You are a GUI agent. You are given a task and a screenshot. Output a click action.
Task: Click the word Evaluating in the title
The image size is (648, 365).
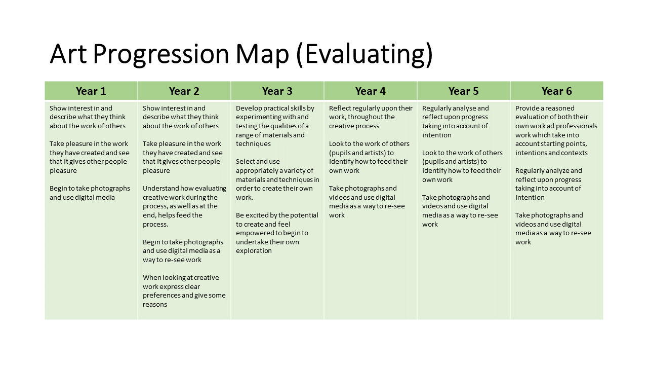pos(365,54)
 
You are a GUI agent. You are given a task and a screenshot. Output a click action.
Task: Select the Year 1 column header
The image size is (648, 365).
pos(91,91)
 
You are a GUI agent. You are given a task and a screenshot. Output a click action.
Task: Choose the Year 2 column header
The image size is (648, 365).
pos(184,91)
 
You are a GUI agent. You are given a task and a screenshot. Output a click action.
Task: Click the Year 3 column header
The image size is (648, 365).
pos(277,91)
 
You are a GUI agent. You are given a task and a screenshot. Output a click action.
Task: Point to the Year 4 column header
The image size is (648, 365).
pos(370,91)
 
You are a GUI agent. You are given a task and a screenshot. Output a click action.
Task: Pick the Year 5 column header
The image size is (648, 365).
pos(463,91)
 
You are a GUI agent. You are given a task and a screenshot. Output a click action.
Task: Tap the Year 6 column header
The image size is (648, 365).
pos(556,91)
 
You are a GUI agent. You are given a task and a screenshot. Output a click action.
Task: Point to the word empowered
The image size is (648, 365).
pos(255,233)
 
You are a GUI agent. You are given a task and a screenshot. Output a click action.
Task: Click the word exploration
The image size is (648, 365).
pos(254,251)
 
